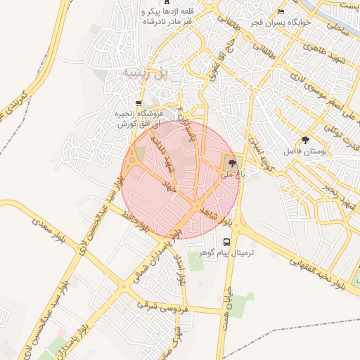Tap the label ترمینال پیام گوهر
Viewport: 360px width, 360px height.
tap(226, 252)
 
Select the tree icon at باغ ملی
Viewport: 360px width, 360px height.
tap(231, 162)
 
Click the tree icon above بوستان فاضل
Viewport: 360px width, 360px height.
tap(304, 140)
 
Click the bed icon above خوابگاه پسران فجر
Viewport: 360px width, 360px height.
tap(281, 12)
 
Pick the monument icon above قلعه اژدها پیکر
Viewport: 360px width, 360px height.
tap(167, 2)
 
